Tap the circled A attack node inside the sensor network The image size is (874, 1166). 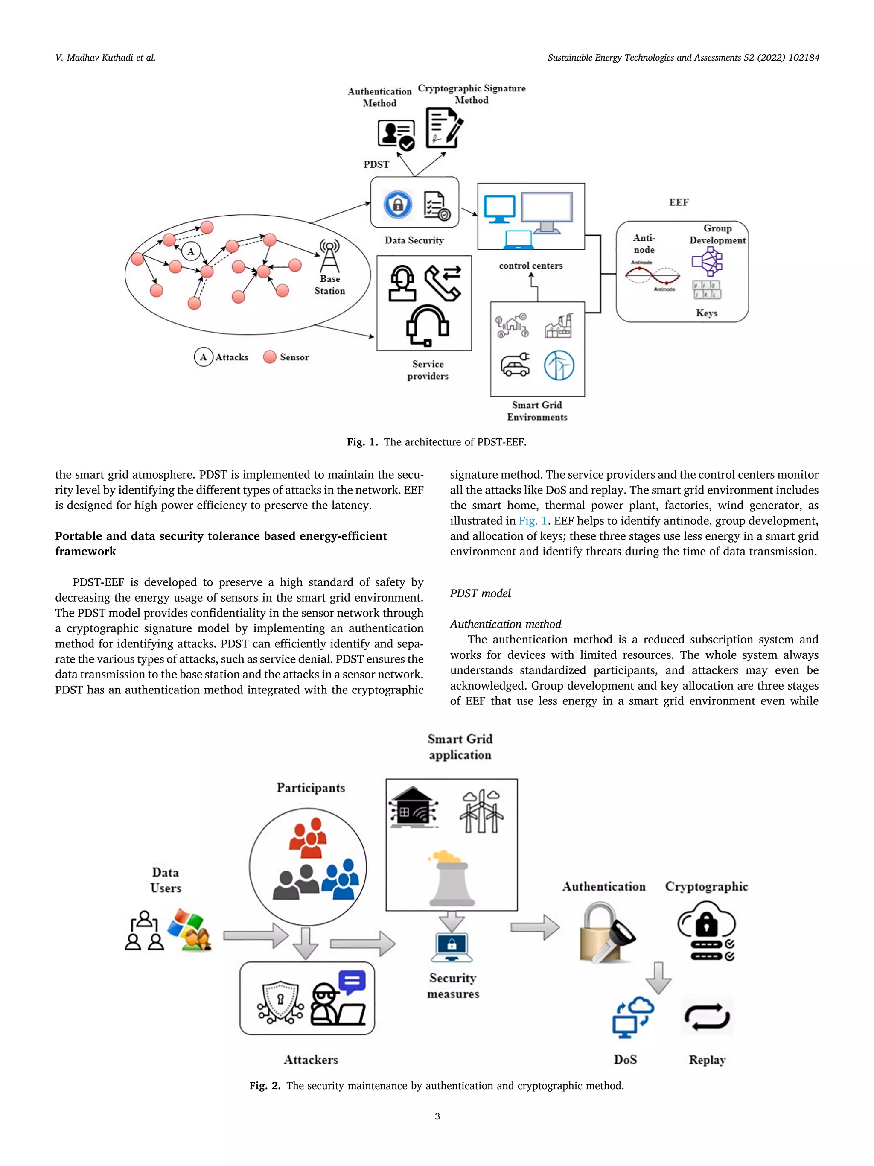tap(191, 251)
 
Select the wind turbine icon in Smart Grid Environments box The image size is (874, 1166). tap(559, 365)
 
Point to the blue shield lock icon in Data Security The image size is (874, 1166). tap(398, 205)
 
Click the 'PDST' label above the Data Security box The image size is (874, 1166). tap(376, 164)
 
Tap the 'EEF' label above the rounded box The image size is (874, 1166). tap(679, 202)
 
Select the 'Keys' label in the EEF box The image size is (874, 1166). tap(706, 313)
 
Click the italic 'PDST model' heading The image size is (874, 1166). tap(480, 593)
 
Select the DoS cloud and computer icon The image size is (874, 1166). tap(632, 1017)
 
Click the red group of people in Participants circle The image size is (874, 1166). tap(308, 838)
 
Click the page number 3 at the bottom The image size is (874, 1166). tap(437, 1116)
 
